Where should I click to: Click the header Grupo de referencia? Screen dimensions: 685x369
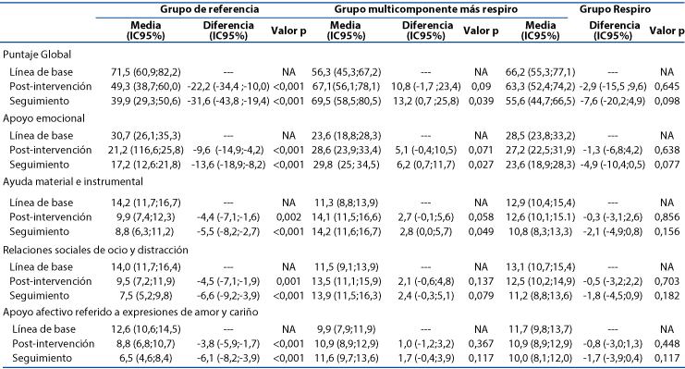click(209, 9)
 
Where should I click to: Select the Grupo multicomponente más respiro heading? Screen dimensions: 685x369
click(426, 9)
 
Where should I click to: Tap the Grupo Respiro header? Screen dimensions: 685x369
click(615, 9)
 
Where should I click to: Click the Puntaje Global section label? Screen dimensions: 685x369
click(37, 55)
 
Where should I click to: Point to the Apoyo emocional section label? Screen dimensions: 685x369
click(43, 118)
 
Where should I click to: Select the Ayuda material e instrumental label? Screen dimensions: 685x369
click(73, 181)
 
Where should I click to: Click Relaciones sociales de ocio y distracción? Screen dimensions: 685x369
click(95, 250)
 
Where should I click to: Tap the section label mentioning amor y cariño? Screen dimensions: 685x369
click(130, 313)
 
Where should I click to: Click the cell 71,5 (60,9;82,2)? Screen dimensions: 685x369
click(146, 72)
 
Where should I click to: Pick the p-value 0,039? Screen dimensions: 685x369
click(481, 101)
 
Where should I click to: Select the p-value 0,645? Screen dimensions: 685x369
click(667, 87)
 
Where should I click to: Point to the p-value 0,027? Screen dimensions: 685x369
click(481, 165)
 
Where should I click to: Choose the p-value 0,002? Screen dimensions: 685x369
click(288, 217)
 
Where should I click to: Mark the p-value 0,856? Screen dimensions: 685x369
click(667, 217)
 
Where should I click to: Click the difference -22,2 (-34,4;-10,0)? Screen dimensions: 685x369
click(228, 87)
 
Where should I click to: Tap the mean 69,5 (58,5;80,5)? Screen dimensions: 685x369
click(346, 101)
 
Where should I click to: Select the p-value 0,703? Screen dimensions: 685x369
click(667, 281)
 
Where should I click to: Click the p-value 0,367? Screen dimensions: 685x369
click(481, 344)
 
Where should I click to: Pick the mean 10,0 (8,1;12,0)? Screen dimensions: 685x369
click(540, 359)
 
